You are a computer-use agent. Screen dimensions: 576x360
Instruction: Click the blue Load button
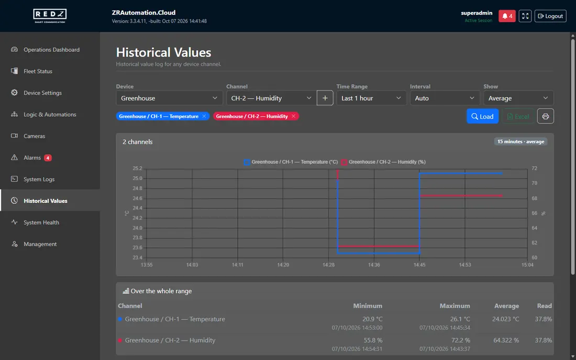tap(482, 116)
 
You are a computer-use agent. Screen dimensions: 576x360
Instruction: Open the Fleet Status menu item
tap(38, 71)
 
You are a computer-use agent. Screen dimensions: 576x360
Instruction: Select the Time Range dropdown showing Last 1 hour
tap(371, 98)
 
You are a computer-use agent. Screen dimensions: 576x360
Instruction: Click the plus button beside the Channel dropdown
tap(325, 98)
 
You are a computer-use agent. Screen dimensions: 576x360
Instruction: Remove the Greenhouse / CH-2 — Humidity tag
tap(294, 116)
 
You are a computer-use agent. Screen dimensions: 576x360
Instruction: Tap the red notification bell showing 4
tap(507, 16)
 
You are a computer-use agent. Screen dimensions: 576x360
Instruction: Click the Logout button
tap(550, 16)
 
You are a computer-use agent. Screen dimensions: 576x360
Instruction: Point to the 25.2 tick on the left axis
tap(137, 168)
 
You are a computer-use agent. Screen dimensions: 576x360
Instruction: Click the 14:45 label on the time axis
tap(419, 265)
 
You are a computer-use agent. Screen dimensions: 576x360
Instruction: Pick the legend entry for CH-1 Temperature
tap(291, 162)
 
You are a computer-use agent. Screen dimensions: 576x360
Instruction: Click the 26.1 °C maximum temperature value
tap(460, 319)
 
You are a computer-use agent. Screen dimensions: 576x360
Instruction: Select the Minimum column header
tap(368, 306)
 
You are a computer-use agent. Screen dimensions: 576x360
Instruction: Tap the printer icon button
tap(546, 116)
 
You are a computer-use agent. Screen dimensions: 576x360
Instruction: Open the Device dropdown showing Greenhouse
tap(169, 98)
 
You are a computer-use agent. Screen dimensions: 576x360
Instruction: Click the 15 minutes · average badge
tap(520, 142)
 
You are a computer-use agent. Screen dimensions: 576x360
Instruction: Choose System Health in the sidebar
tap(41, 222)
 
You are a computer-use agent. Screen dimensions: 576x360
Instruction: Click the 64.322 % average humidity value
tap(506, 340)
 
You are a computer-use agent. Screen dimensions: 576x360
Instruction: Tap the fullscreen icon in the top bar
tap(525, 16)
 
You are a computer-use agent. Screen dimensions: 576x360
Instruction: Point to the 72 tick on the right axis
tap(534, 168)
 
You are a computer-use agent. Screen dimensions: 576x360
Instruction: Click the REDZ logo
tap(50, 16)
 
